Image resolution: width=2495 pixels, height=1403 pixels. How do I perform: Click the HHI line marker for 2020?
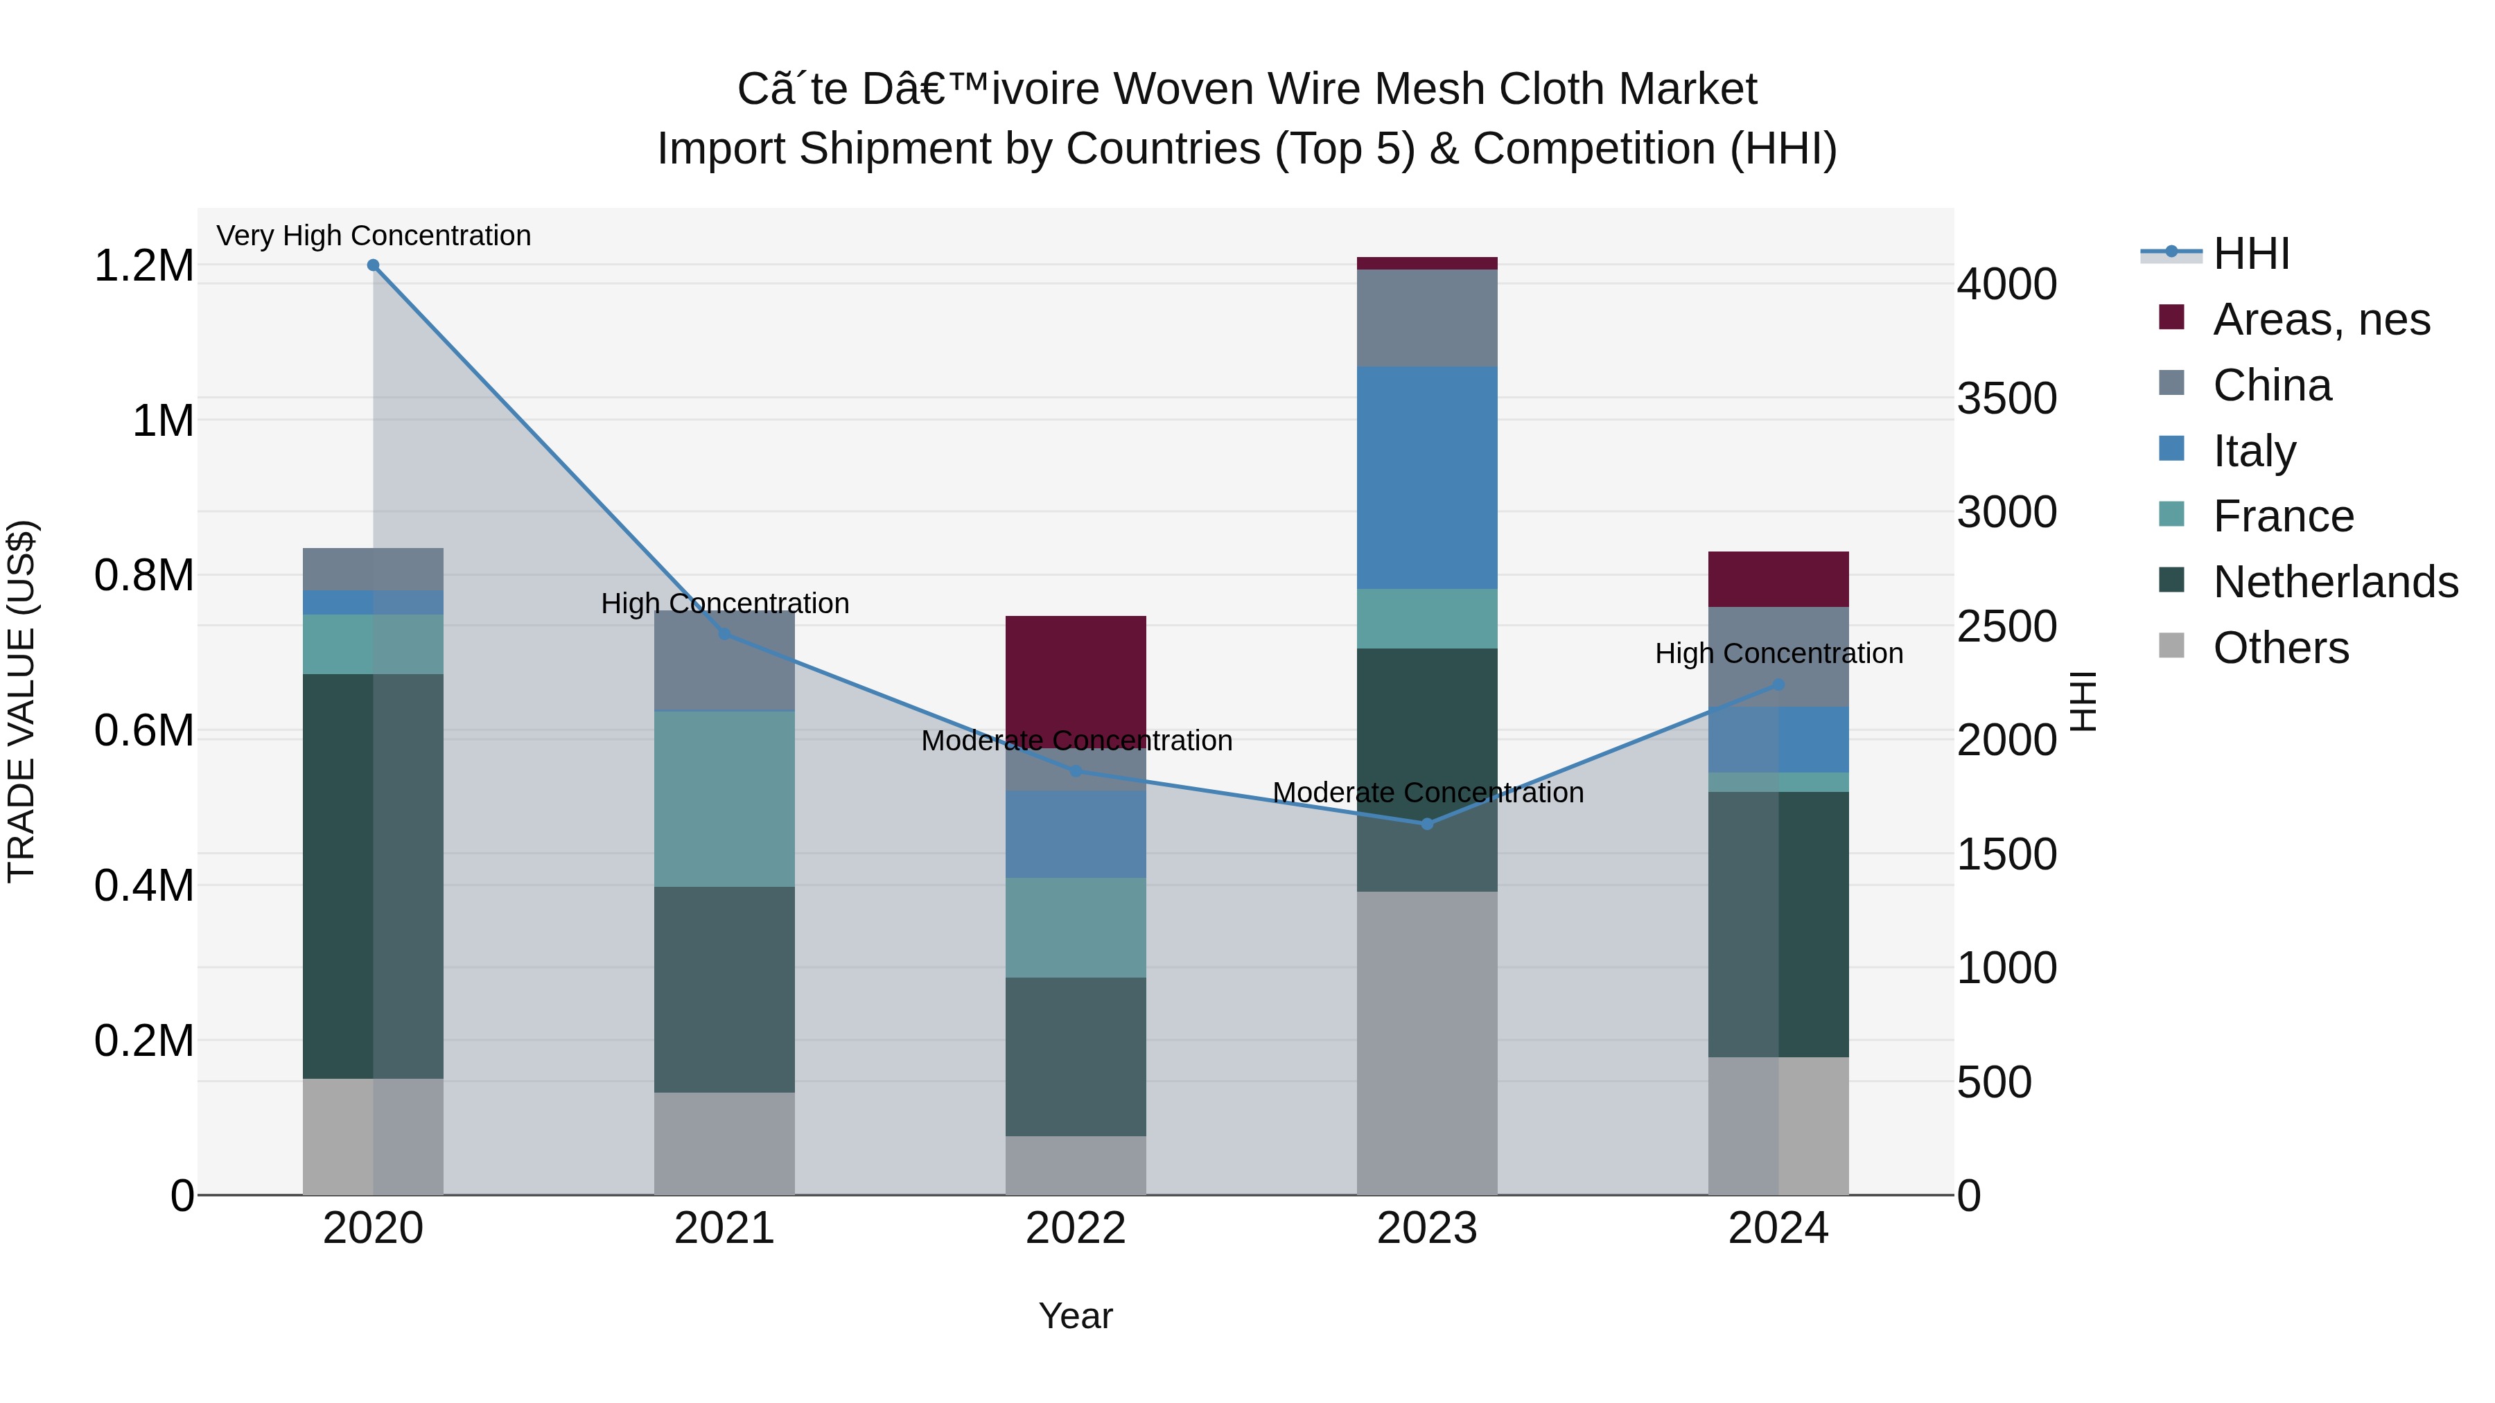[373, 265]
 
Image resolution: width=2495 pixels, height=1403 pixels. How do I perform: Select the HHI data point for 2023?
[1427, 824]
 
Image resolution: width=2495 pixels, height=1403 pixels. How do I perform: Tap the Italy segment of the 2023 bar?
[1427, 477]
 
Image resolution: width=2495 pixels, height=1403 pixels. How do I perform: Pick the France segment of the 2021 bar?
[724, 799]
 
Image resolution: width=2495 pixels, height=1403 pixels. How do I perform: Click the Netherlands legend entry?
[2335, 583]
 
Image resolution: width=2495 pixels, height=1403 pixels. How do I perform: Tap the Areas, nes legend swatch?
[2173, 317]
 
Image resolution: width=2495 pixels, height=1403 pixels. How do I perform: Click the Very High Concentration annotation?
[373, 236]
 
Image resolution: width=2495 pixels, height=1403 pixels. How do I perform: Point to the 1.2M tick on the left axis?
[144, 266]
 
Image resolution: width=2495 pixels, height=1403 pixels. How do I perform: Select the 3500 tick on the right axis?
[2006, 399]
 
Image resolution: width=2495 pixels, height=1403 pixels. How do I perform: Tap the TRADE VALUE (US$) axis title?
[21, 701]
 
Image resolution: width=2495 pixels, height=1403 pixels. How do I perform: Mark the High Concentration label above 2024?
[1778, 653]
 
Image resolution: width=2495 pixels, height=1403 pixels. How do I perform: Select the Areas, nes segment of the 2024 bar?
[1778, 579]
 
